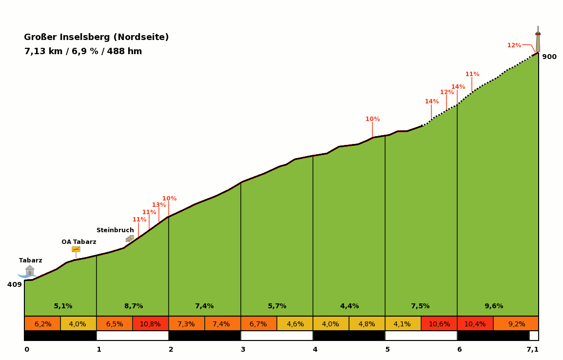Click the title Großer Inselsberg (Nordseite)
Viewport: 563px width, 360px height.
96,37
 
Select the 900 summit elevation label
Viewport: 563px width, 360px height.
549,57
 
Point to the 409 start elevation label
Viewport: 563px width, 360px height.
15,284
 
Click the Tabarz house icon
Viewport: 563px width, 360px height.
30,271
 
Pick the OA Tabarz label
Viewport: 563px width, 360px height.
78,242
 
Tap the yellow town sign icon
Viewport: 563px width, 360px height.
76,249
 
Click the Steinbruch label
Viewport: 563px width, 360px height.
115,230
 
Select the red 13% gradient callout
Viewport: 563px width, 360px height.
159,205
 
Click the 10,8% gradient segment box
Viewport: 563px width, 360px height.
150,324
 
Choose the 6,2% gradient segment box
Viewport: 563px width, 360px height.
42,324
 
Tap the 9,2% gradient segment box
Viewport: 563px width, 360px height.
516,324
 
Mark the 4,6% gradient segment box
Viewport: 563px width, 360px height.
295,324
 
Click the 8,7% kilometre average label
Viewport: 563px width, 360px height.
134,306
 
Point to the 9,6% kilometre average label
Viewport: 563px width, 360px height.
494,306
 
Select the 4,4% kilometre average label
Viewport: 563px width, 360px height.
349,306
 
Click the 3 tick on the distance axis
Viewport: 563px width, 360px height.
243,349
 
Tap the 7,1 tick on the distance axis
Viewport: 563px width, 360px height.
532,349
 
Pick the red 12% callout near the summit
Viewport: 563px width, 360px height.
514,45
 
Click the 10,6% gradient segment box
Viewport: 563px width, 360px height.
439,324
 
